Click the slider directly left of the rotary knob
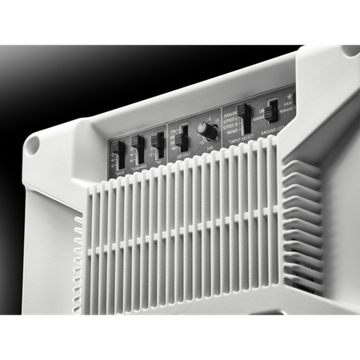coord(182,139)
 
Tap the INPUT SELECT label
coord(240,138)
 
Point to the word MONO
coord(230,132)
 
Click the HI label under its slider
coord(159,162)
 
